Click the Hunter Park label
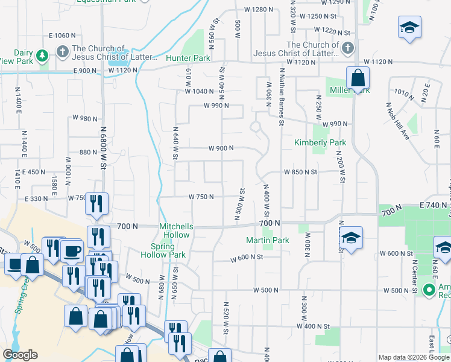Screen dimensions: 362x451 (188, 59)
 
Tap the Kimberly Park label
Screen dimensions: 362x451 (320, 143)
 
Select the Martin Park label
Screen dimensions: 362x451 (268, 240)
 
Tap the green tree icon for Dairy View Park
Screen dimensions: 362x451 (42, 56)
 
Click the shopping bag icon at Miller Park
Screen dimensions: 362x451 (358, 78)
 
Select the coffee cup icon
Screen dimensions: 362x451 (72, 250)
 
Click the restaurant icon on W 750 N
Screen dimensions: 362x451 (96, 205)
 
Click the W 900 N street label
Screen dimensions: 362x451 (221, 148)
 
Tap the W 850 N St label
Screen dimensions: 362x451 (300, 172)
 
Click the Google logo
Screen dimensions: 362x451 (20, 355)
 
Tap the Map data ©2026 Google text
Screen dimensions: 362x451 (413, 357)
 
